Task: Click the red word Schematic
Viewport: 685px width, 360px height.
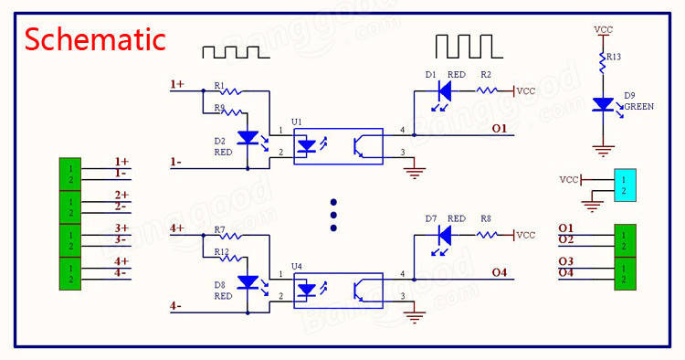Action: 95,39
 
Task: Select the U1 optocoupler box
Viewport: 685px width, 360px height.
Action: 337,145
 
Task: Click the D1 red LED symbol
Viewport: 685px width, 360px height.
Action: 445,90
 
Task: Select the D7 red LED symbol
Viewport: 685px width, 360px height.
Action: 445,235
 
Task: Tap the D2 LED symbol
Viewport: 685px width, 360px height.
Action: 247,138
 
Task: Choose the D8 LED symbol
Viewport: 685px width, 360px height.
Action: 247,282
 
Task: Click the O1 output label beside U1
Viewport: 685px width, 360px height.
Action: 499,129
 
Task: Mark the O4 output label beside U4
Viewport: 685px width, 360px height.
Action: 499,271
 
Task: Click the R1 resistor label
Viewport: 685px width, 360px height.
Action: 219,85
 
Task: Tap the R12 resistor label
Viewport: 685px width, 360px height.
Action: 221,251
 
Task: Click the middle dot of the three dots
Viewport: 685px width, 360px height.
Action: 334,215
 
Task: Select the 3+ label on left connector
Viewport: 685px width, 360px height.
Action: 121,228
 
